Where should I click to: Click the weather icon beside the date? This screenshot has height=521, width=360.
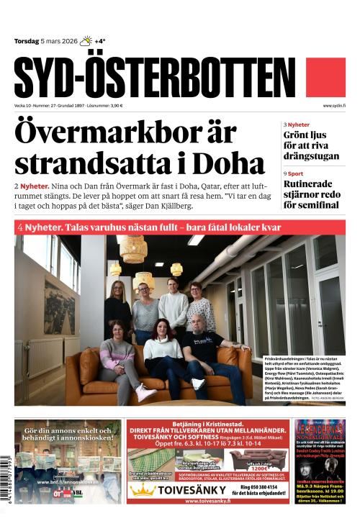[86, 41]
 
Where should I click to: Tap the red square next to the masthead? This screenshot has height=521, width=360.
[325, 78]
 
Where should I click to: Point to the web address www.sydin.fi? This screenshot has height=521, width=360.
[334, 106]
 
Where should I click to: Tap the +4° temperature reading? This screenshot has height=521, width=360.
[100, 41]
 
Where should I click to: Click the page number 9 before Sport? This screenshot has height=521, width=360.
[285, 173]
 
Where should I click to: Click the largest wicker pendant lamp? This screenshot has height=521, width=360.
[133, 249]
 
